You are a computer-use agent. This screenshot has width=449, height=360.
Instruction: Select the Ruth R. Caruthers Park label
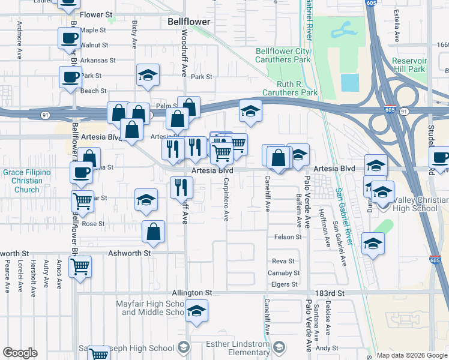tap(289, 89)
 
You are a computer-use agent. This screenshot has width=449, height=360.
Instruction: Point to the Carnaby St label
tap(283, 273)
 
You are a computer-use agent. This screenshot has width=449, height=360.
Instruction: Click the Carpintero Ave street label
tap(227, 198)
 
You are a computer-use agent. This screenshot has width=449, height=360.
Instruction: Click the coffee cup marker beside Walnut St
tap(68, 39)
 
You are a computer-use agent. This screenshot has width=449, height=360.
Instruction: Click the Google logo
tap(20, 353)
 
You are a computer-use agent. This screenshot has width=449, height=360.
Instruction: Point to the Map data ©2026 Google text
tap(412, 355)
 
